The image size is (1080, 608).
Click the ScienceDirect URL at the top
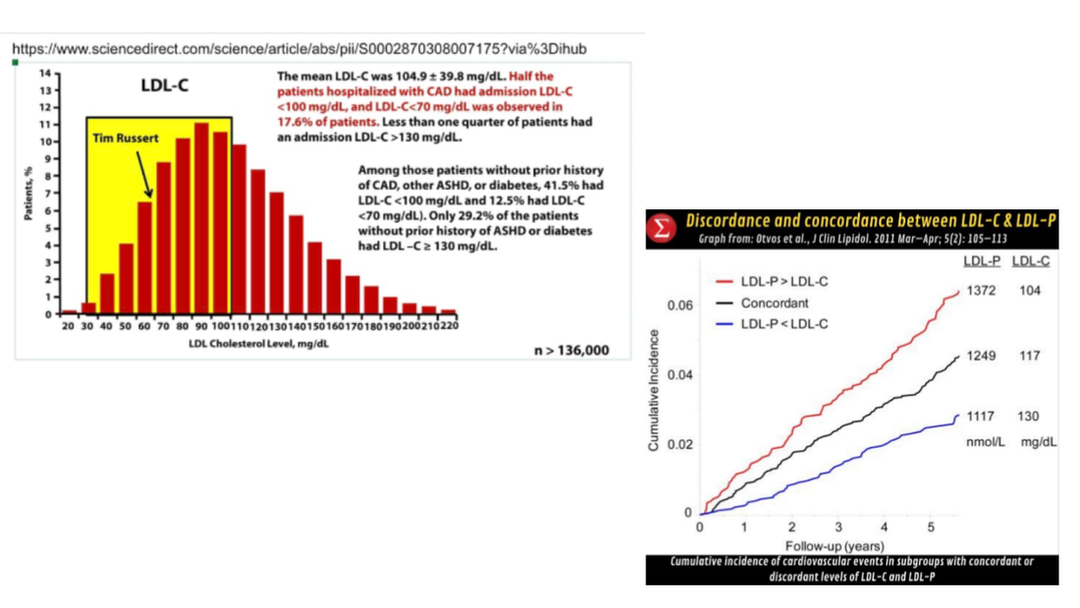click(x=300, y=47)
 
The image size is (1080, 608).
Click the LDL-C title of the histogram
click(x=164, y=86)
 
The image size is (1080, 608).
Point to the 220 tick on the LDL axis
click(x=448, y=325)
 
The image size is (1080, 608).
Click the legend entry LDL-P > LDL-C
click(x=782, y=282)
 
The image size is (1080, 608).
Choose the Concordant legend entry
click(x=775, y=303)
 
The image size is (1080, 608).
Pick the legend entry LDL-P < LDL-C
click(x=782, y=323)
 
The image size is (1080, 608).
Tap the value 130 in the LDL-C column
click(x=1028, y=416)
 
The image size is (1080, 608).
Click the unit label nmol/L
click(x=986, y=443)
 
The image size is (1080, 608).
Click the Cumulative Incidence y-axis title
click(x=654, y=390)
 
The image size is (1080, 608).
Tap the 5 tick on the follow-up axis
click(x=931, y=526)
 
